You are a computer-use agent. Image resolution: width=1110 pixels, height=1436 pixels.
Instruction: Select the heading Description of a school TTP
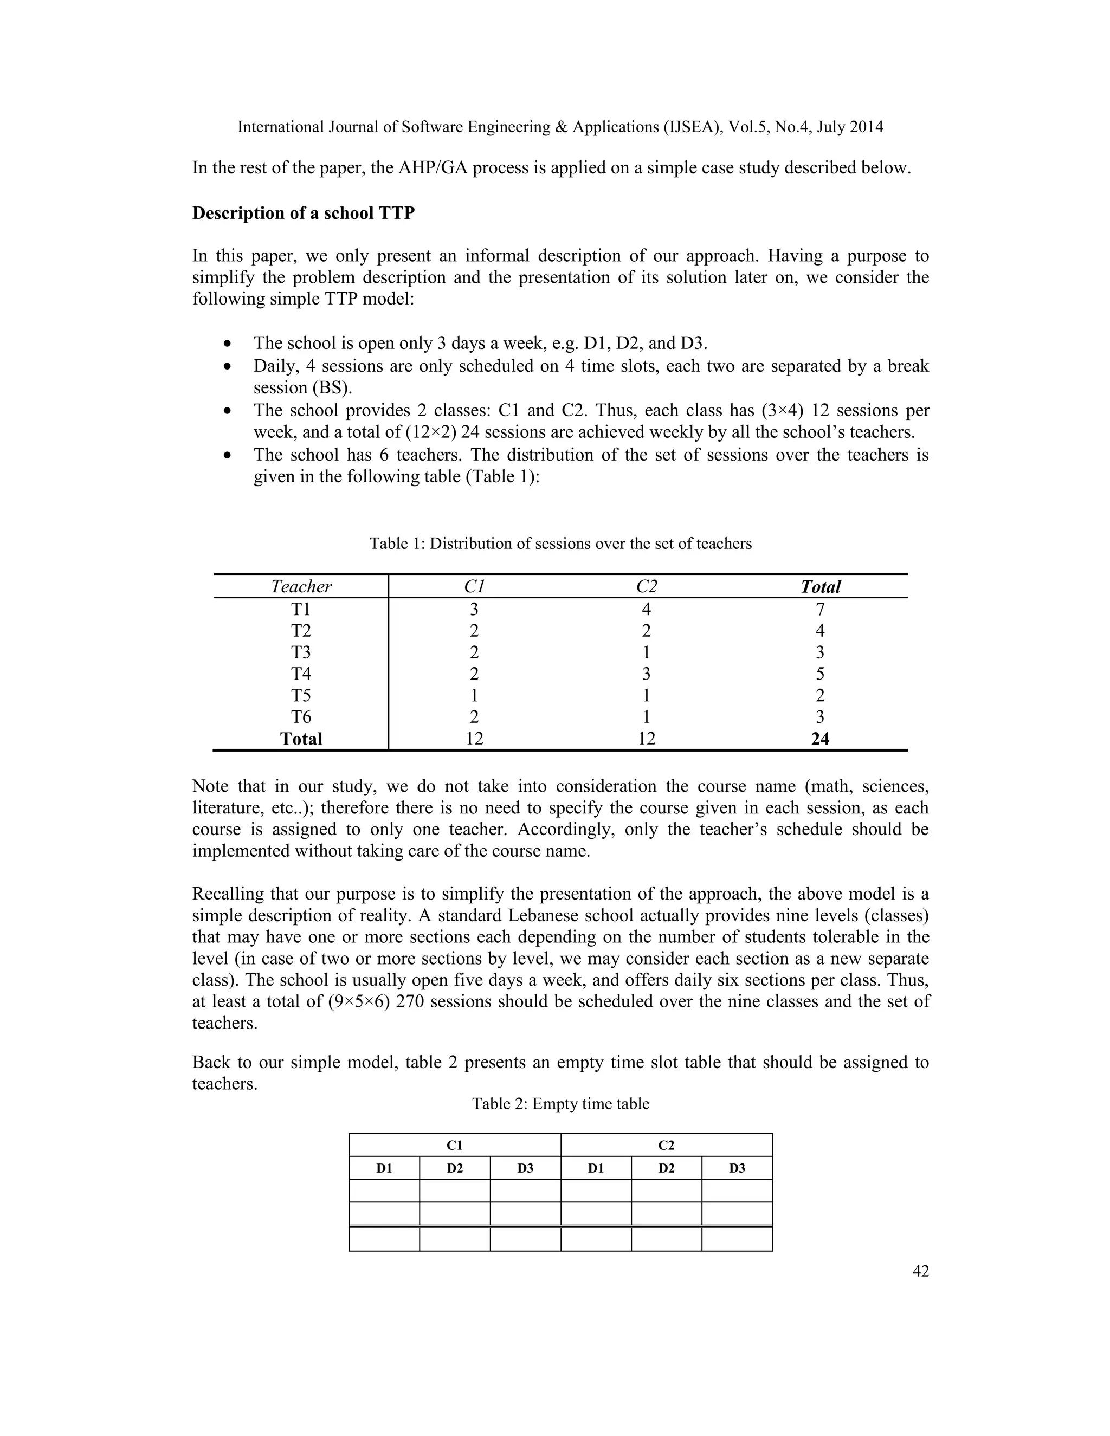tap(303, 213)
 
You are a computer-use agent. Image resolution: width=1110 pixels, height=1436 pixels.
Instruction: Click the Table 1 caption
tap(560, 544)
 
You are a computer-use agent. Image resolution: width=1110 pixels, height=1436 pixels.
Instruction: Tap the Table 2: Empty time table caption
tap(560, 1104)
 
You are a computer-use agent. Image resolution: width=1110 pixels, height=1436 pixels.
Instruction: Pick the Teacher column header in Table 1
tap(301, 586)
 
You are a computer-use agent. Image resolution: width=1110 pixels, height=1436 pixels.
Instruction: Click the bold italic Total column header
tap(820, 586)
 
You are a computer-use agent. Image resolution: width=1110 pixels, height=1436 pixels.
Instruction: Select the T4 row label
tap(301, 674)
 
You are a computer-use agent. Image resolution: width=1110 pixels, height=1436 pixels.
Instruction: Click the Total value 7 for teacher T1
tap(820, 609)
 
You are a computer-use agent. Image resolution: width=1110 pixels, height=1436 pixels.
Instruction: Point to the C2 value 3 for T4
tap(647, 674)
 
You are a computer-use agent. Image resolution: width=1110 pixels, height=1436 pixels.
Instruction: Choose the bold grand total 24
tap(820, 739)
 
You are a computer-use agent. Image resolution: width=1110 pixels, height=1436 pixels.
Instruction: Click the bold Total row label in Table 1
tap(301, 739)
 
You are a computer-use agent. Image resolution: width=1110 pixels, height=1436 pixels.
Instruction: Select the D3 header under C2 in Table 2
tap(737, 1168)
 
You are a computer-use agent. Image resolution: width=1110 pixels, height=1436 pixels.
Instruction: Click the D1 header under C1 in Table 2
tap(384, 1168)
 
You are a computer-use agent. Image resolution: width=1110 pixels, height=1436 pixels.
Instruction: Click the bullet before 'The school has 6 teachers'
tap(228, 455)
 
